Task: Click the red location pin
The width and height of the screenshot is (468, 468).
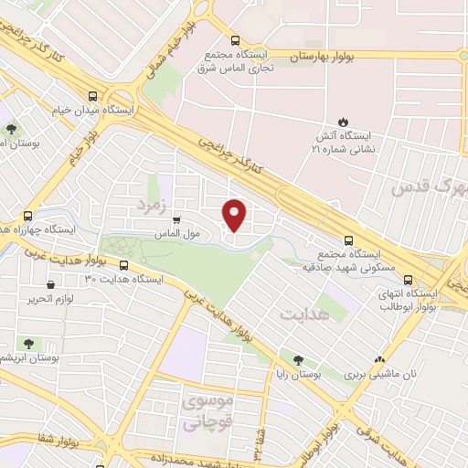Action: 235,216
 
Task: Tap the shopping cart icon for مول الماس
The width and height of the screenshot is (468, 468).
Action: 175,218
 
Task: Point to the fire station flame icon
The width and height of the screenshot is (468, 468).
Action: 343,122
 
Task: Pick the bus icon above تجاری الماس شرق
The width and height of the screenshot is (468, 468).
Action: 235,40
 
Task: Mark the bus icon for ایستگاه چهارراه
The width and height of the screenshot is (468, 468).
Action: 28,217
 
